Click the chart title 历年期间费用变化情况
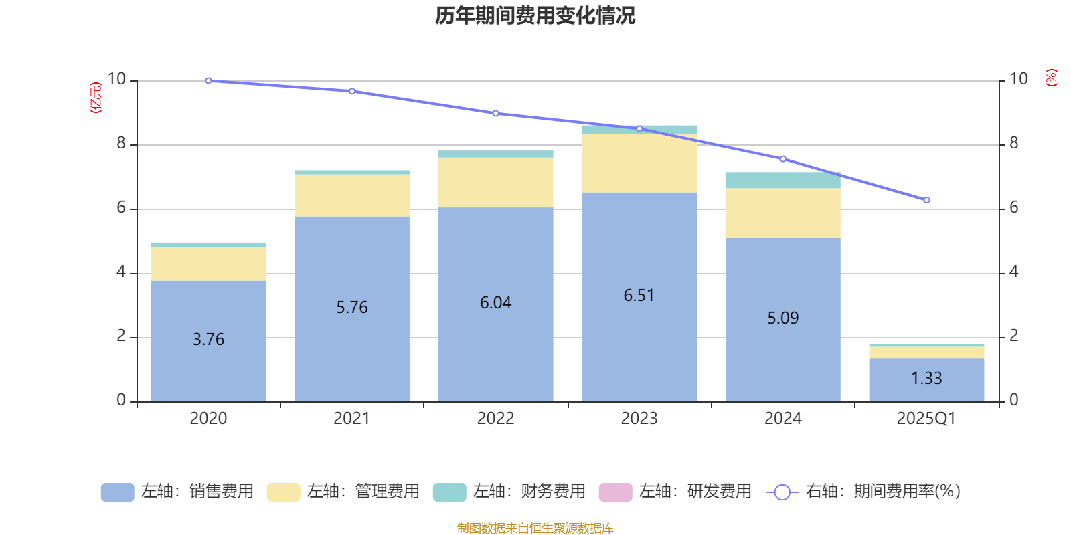point(535,15)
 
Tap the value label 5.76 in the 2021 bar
point(352,308)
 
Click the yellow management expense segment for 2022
point(495,183)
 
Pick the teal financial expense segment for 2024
point(782,181)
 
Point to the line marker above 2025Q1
point(926,200)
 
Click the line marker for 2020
point(208,80)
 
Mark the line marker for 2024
point(782,159)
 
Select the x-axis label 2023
point(639,419)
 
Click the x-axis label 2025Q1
point(926,419)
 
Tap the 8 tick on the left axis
point(121,143)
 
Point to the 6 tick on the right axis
point(1014,207)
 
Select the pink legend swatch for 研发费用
point(615,492)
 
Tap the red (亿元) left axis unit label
point(96,98)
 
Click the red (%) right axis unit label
point(1051,78)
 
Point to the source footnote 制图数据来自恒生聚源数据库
point(535,528)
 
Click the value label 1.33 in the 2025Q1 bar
point(926,379)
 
